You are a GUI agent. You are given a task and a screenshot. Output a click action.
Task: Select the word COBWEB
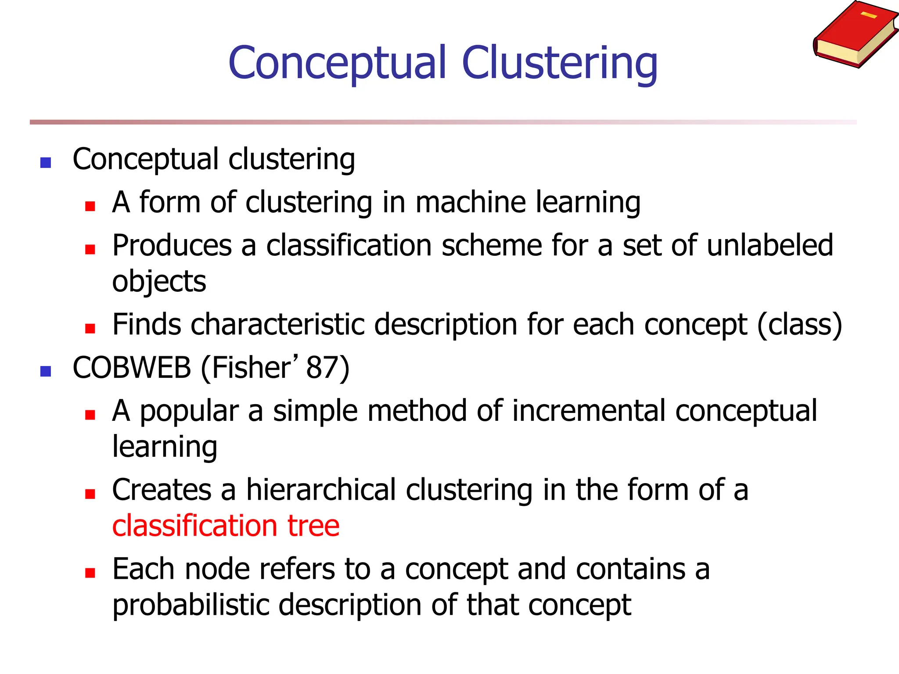click(x=132, y=368)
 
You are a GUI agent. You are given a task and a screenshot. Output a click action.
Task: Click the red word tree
click(x=313, y=526)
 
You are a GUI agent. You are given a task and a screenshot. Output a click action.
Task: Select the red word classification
click(x=194, y=526)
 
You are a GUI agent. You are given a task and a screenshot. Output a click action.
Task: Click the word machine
click(x=470, y=203)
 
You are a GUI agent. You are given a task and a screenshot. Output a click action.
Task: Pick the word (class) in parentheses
click(x=800, y=325)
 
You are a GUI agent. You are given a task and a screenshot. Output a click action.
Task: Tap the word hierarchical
click(x=321, y=490)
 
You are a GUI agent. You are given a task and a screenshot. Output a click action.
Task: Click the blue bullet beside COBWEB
click(x=46, y=372)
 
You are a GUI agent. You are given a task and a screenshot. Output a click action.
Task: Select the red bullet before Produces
click(x=90, y=250)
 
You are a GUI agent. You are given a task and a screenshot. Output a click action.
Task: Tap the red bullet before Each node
click(x=90, y=573)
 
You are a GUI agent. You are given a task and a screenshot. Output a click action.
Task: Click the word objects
click(x=159, y=282)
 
